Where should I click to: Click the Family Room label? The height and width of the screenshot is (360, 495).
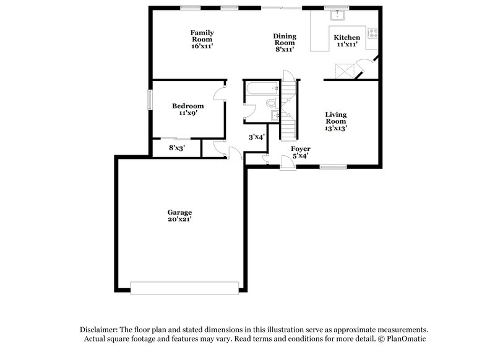point(202,39)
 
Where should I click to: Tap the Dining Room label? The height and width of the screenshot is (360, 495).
point(285,43)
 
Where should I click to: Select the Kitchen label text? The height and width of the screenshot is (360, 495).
point(347,41)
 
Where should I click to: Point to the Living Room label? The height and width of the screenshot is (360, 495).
point(336,121)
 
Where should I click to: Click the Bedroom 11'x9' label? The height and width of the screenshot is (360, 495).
point(187,109)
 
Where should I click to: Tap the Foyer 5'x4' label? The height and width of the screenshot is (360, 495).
point(301,152)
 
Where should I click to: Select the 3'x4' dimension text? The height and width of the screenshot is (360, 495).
point(257,137)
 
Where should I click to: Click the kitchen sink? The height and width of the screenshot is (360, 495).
point(337,15)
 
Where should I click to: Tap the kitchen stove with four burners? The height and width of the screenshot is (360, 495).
point(373,33)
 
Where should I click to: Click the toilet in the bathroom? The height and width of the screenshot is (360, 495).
point(271,103)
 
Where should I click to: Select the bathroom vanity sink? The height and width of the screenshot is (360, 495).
point(275,116)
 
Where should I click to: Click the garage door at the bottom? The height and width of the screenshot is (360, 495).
point(184,288)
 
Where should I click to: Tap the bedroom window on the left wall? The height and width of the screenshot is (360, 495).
point(150,100)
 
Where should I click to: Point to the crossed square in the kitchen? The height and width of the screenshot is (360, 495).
point(343,71)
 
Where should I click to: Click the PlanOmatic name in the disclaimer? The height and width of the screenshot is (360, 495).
point(405,339)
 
